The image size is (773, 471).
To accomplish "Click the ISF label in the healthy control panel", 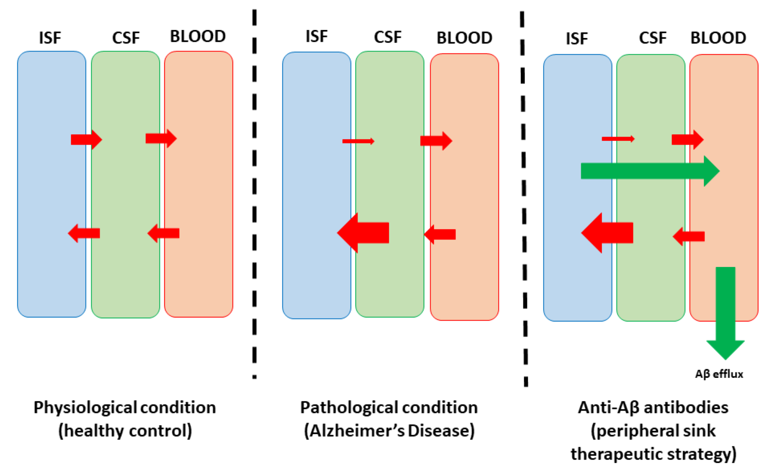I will (x=50, y=38).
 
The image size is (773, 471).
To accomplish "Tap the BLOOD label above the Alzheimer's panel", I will (x=464, y=38).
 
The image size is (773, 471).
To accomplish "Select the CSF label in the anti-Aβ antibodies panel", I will (x=653, y=38).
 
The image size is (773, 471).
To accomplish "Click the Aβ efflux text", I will (x=719, y=374).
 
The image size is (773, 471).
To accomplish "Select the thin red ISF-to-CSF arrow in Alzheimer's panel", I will (x=358, y=141).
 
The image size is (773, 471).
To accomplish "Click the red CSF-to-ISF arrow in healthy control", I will (x=84, y=233).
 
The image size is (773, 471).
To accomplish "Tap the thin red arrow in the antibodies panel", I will (x=618, y=139).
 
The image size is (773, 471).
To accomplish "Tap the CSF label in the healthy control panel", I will (x=126, y=38).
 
